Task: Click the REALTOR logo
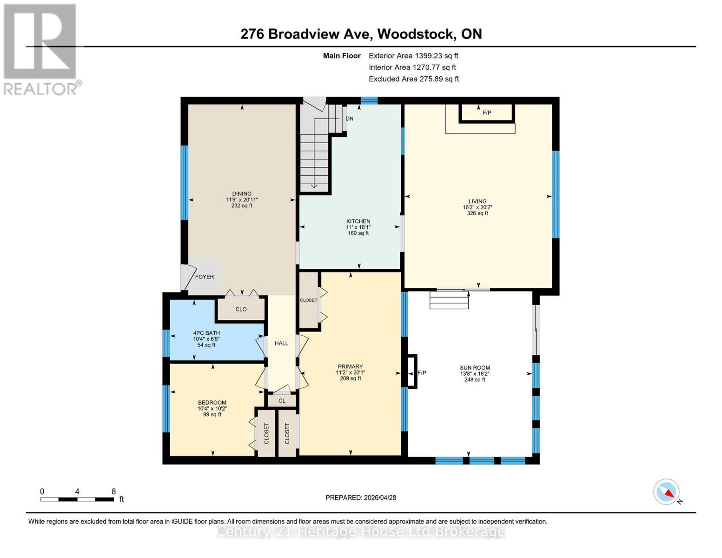point(41,49)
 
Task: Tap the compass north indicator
point(667,492)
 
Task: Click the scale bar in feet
point(77,499)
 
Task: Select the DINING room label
point(242,194)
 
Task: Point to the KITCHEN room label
point(358,221)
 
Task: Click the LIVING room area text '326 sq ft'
point(477,213)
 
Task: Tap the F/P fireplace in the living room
point(487,113)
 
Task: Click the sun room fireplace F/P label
point(422,372)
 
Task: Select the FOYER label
point(204,277)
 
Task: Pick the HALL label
point(281,343)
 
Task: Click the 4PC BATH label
point(206,333)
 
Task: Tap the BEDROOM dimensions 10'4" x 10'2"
point(212,409)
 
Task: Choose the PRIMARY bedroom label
point(350,366)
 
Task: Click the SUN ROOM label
point(475,368)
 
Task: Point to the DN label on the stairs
point(349,119)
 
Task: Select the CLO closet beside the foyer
point(241,309)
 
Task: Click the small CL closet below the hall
point(282,400)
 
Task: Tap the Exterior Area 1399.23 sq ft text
point(413,56)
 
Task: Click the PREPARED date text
point(361,498)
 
